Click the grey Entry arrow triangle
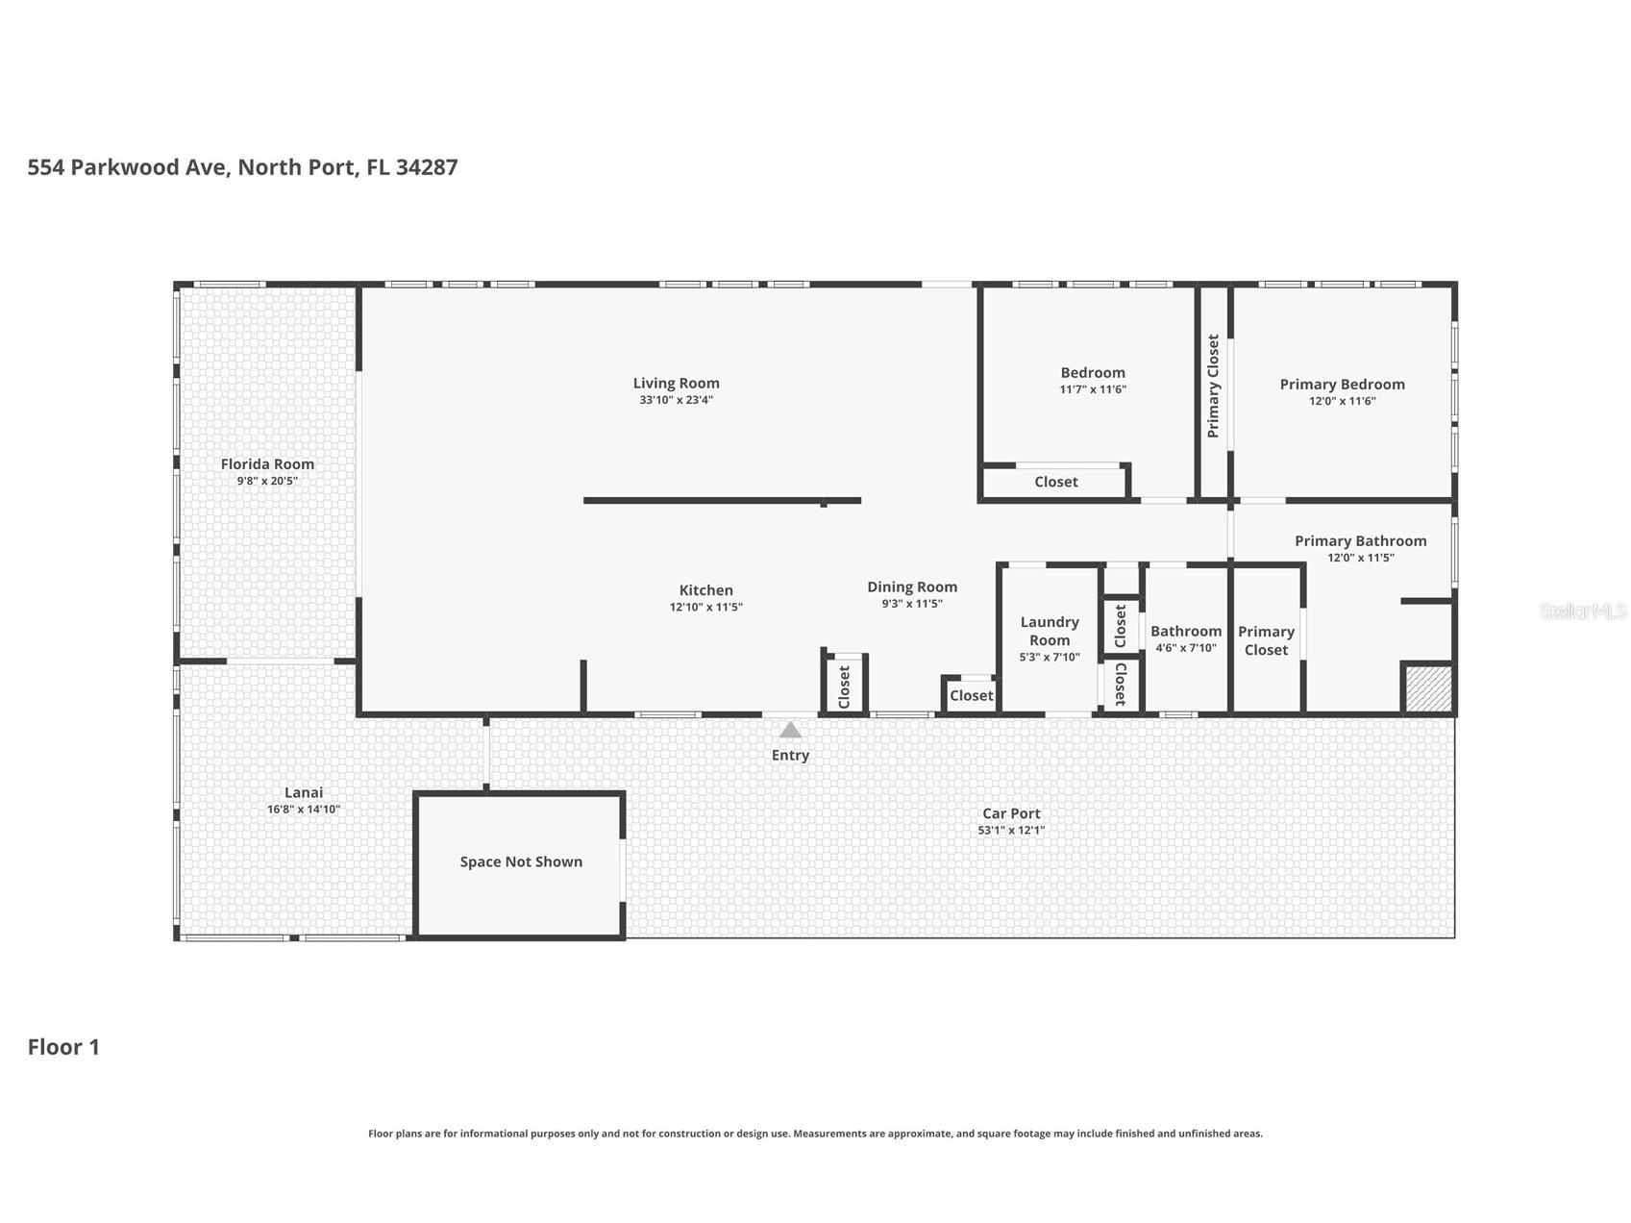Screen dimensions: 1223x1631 pos(790,730)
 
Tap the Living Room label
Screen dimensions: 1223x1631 pos(676,383)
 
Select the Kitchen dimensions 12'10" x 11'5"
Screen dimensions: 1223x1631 pos(705,608)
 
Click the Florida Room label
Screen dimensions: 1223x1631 pos(267,463)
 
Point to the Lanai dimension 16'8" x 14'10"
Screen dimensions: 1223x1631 pos(304,810)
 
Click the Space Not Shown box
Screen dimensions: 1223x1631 pos(521,861)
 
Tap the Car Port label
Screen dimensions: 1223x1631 pos(1011,813)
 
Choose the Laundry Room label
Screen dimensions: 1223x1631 pos(1050,631)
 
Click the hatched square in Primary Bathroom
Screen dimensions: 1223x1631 pos(1427,689)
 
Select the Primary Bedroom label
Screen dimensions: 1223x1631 pos(1342,384)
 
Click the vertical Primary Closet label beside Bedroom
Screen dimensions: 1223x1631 pos(1213,386)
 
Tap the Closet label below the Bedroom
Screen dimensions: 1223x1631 pos(1055,482)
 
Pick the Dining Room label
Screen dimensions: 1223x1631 pos(912,587)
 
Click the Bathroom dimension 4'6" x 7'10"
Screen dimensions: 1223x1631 pos(1186,648)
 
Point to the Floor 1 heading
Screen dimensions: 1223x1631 pos(63,1047)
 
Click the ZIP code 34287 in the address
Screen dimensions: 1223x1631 pos(427,167)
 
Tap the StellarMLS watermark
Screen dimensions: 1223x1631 pos(1582,611)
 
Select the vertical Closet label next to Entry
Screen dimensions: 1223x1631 pos(845,686)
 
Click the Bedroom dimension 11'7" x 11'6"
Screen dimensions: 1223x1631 pos(1093,389)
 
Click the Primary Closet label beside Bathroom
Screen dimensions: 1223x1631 pos(1266,640)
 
